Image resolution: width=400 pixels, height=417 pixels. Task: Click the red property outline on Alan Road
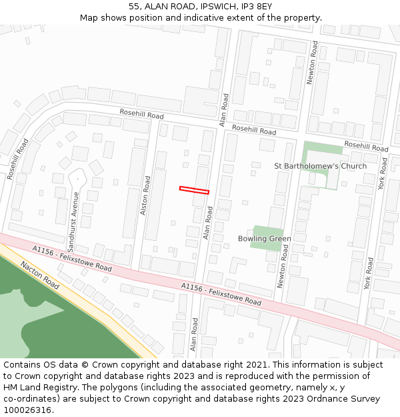(194, 190)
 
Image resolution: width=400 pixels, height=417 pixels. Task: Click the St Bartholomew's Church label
(321, 166)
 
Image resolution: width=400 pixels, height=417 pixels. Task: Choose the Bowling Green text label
(265, 239)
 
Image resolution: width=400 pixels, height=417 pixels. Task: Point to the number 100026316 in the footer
(27, 410)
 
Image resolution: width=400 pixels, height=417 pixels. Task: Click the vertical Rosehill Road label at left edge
(18, 159)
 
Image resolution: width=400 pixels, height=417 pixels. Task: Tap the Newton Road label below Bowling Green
(282, 266)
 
